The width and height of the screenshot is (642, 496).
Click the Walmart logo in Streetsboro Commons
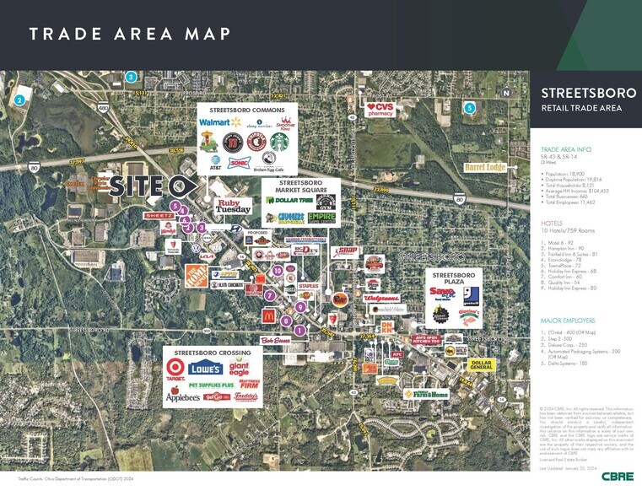pos(213,122)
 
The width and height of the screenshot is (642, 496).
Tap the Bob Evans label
pos(253,340)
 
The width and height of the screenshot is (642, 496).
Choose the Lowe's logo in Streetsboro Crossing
pos(208,368)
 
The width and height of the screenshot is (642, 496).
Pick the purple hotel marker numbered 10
pos(278,270)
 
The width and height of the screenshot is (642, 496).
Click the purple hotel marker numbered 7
pos(269,295)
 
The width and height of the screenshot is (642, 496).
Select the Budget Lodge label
pos(484,167)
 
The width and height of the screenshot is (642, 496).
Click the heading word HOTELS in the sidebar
pos(552,223)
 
